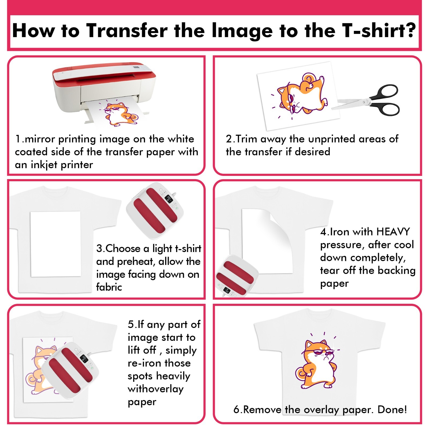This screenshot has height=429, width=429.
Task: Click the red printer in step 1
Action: point(105,86)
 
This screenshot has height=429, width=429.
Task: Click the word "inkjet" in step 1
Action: point(45,165)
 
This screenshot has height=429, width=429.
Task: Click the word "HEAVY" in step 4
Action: point(393,232)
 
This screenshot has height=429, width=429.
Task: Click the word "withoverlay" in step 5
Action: point(156,389)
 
